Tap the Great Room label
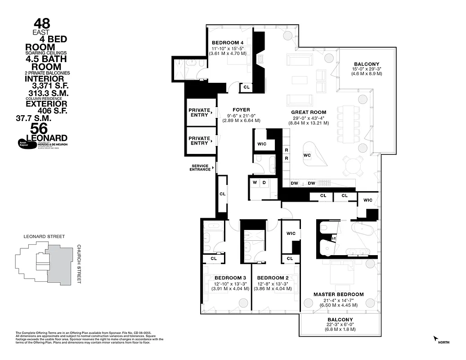coord(308,112)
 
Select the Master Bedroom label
coord(338,294)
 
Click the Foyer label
coord(241,109)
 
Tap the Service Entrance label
coord(199,167)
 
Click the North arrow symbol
coord(435,338)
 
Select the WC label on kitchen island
coord(308,155)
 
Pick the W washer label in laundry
coord(255,182)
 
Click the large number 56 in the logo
coord(42,129)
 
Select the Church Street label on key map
coord(79,264)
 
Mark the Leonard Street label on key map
coord(44,236)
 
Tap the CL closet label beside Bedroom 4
coord(246,87)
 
